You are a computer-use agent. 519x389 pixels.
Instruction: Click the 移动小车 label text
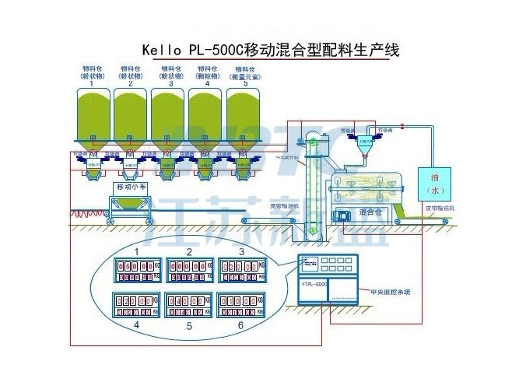point(132,187)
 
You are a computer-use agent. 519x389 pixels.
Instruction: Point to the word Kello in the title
point(163,51)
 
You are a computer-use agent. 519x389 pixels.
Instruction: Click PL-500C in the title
point(216,51)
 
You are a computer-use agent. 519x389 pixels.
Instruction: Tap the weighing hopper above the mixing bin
point(363,143)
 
